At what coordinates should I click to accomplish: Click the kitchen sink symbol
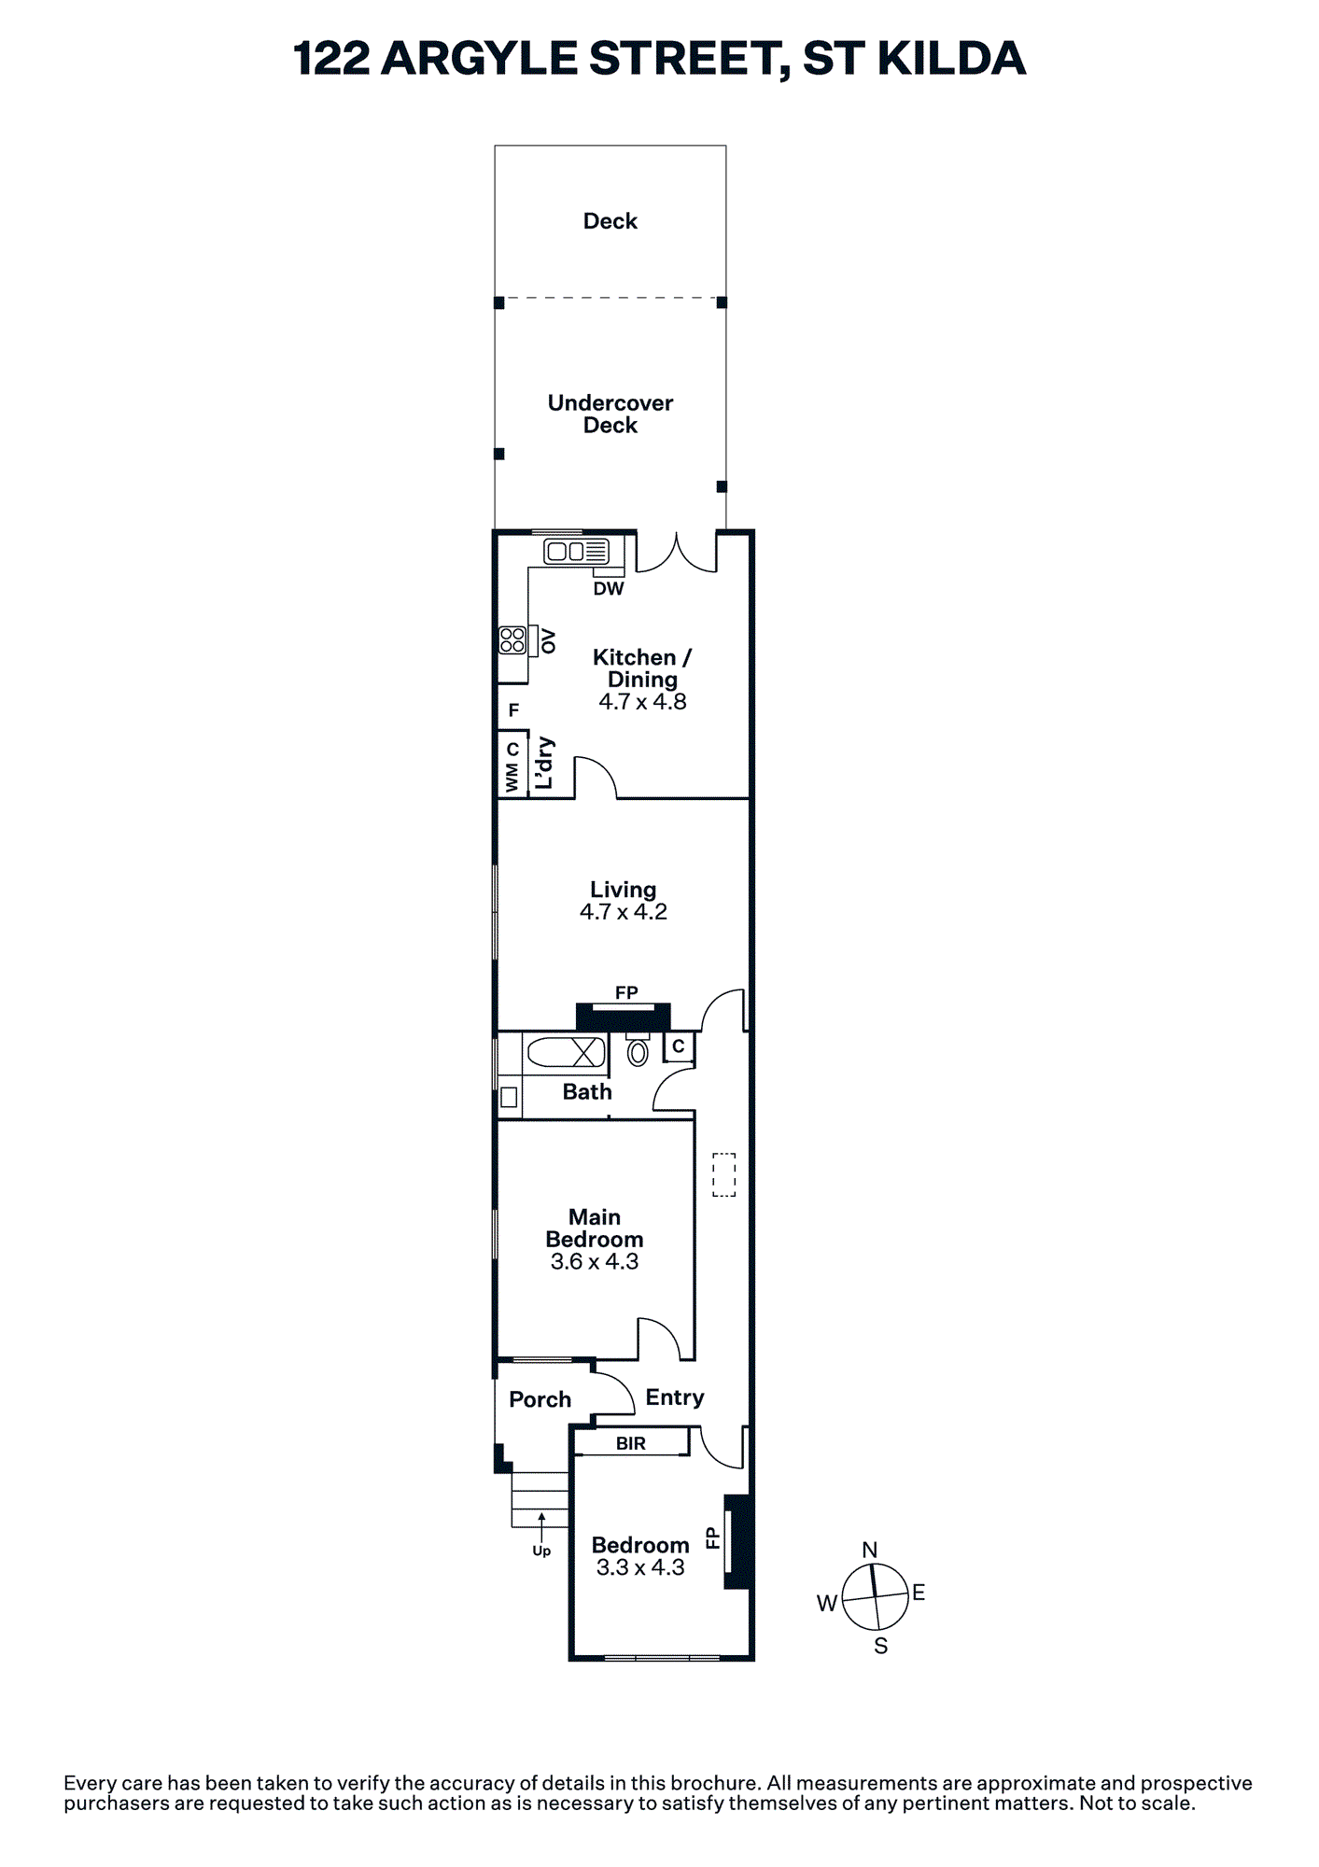[x=577, y=551]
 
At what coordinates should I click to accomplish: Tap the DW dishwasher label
[x=609, y=589]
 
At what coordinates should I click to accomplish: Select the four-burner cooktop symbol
[x=512, y=639]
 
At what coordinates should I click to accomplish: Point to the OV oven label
[x=548, y=641]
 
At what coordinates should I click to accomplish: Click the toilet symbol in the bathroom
[x=638, y=1050]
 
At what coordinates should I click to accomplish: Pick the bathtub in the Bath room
[x=566, y=1052]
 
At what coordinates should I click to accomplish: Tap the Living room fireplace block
[x=624, y=1017]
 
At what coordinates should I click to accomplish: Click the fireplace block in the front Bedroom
[x=737, y=1541]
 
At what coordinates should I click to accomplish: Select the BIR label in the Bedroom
[x=631, y=1443]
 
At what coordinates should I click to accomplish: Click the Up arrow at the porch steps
[x=541, y=1528]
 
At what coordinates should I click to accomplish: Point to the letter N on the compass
[x=870, y=1550]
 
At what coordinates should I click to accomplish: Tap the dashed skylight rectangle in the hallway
[x=724, y=1174]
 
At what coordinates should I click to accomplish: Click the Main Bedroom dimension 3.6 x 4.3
[x=595, y=1262]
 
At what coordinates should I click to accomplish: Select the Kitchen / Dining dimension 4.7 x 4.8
[x=642, y=702]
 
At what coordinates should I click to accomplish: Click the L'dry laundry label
[x=544, y=764]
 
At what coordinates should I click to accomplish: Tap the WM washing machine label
[x=512, y=779]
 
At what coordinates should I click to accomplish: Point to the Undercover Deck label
[x=610, y=414]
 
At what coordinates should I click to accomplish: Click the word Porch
[x=540, y=1399]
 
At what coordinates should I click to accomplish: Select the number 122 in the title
[x=331, y=59]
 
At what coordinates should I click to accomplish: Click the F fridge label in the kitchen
[x=513, y=710]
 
